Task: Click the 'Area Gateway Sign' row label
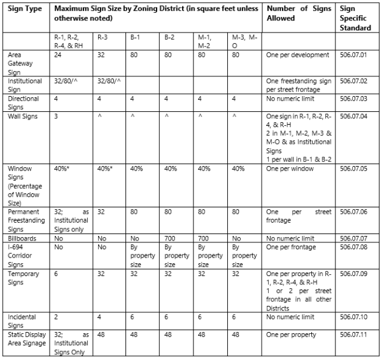[x=21, y=64]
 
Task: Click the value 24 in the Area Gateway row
[x=59, y=55]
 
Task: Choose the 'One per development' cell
[x=297, y=55]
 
